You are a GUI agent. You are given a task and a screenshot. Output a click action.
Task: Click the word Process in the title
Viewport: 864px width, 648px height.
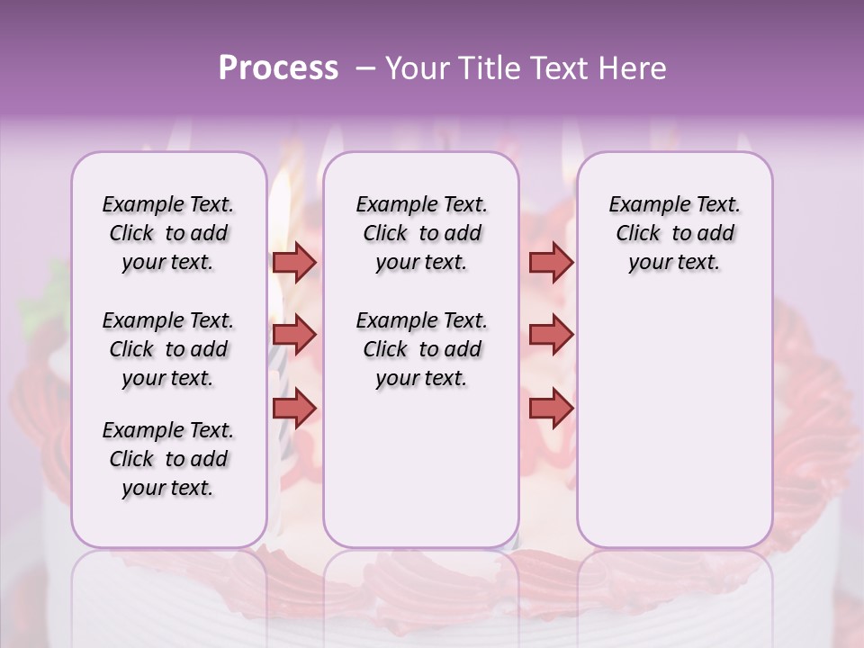[x=278, y=68]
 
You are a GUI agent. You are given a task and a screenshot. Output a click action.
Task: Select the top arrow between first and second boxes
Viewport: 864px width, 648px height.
[x=294, y=262]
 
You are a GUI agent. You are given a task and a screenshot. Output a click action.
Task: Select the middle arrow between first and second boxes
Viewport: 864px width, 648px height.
[x=294, y=336]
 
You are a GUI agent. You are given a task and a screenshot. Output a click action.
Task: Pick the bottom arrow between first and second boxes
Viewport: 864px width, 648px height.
[x=294, y=409]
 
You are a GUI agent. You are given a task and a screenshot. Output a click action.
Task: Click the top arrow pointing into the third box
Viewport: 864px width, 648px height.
[x=551, y=262]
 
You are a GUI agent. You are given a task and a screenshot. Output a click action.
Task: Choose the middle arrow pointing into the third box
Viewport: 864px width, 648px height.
[x=551, y=336]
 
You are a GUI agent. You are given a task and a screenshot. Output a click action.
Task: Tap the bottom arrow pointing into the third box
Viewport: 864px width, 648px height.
[x=551, y=409]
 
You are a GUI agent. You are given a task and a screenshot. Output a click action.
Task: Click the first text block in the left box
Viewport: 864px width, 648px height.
[x=168, y=233]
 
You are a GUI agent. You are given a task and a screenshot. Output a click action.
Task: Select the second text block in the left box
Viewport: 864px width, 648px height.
[x=168, y=349]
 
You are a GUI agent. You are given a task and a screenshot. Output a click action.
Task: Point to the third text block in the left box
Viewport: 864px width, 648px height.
[x=168, y=459]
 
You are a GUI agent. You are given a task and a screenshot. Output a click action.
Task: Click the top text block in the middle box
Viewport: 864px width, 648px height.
[x=421, y=233]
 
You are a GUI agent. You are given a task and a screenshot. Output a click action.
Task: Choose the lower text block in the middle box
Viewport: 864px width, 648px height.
[x=421, y=349]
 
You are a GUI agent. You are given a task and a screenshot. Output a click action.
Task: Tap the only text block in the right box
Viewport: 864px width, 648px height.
[x=674, y=233]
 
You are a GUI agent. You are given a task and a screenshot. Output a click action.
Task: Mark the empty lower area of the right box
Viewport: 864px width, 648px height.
[x=674, y=423]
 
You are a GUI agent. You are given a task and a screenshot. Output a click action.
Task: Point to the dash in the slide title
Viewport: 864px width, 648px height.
[x=364, y=69]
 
